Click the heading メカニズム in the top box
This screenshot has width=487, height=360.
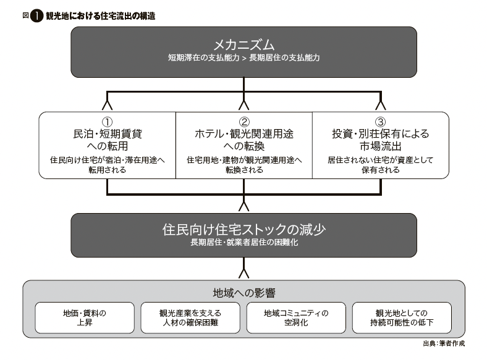pyautogui.click(x=244, y=45)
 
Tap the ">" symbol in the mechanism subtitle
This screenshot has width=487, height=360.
pyautogui.click(x=244, y=58)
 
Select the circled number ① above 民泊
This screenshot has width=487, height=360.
pyautogui.click(x=107, y=122)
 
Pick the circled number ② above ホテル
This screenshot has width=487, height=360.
pyautogui.click(x=244, y=122)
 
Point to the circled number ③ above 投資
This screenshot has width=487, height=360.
pyautogui.click(x=381, y=122)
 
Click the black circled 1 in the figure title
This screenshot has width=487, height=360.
pyautogui.click(x=36, y=16)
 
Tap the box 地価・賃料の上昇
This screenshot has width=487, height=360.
pyautogui.click(x=85, y=318)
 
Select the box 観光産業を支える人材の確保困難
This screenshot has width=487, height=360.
pyautogui.click(x=190, y=318)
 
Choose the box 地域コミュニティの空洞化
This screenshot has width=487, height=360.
pyautogui.click(x=296, y=318)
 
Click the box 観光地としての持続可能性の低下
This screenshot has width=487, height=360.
pyautogui.click(x=402, y=318)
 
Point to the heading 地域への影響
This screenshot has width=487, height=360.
pyautogui.click(x=244, y=293)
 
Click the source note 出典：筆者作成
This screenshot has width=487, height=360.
pyautogui.click(x=444, y=343)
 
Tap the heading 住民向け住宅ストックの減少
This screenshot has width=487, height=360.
pyautogui.click(x=244, y=230)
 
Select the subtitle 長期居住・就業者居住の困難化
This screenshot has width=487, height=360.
pyautogui.click(x=244, y=243)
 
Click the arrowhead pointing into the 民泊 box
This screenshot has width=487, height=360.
pyautogui.click(x=107, y=105)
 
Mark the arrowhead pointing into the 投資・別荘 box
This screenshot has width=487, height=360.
pyautogui.click(x=381, y=105)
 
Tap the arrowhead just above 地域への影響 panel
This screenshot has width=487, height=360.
pyautogui.click(x=244, y=273)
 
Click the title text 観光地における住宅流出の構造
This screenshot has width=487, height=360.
pyautogui.click(x=101, y=16)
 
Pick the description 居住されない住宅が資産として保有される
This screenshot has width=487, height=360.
pyautogui.click(x=381, y=165)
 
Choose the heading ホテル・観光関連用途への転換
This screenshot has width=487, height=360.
pyautogui.click(x=244, y=140)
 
